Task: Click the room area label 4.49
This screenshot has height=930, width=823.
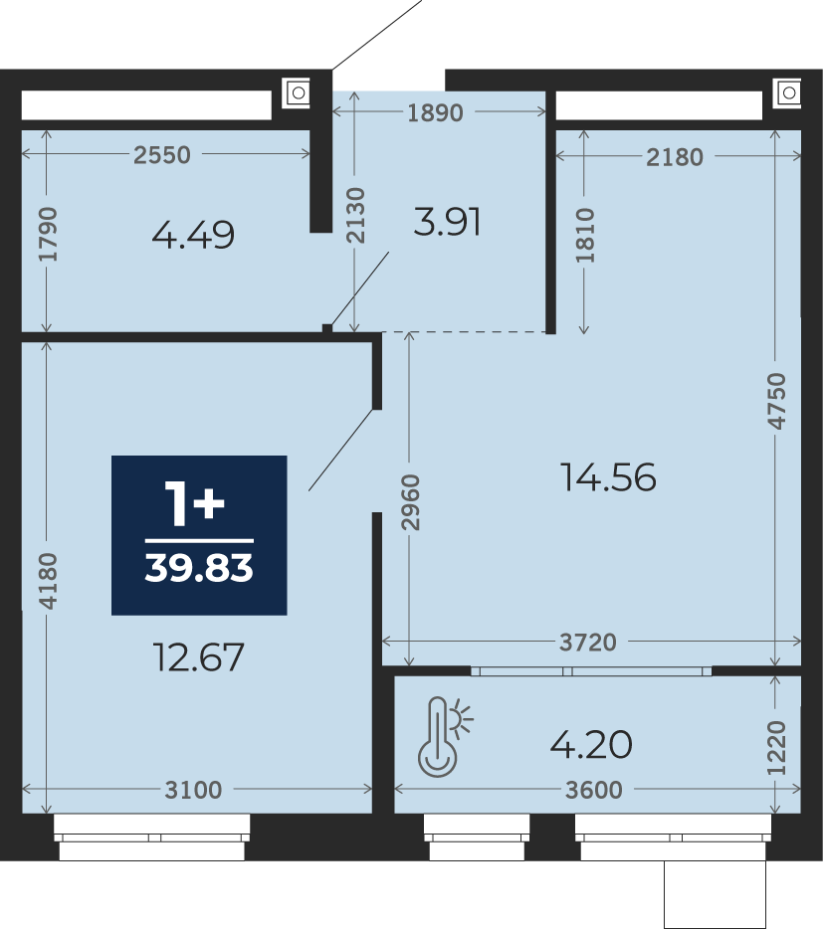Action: [x=193, y=235]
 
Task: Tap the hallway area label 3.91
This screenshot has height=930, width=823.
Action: [x=447, y=223]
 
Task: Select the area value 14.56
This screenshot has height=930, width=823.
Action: [x=608, y=477]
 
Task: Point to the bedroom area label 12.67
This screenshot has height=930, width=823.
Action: [x=198, y=657]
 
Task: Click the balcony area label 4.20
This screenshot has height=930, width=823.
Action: [x=591, y=744]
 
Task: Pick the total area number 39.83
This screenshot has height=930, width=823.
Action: [x=199, y=568]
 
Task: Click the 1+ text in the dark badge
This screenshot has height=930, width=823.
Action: [x=195, y=503]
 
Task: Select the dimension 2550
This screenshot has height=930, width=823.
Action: [x=161, y=155]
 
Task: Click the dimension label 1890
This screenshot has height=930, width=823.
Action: [x=435, y=112]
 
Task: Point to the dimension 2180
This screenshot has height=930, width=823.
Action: [x=674, y=157]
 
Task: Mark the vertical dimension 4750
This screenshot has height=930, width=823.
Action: [x=776, y=401]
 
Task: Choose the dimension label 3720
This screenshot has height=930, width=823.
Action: [x=588, y=642]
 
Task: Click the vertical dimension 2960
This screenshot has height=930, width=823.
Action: [x=410, y=501]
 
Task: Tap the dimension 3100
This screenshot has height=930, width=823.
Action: [x=193, y=790]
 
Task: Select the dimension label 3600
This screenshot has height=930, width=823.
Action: [x=593, y=790]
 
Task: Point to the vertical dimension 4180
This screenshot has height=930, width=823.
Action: [x=48, y=581]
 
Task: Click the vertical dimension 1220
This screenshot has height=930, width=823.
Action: [x=776, y=748]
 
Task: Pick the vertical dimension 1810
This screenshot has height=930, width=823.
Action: [x=584, y=235]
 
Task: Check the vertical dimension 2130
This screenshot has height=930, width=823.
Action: [x=355, y=215]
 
